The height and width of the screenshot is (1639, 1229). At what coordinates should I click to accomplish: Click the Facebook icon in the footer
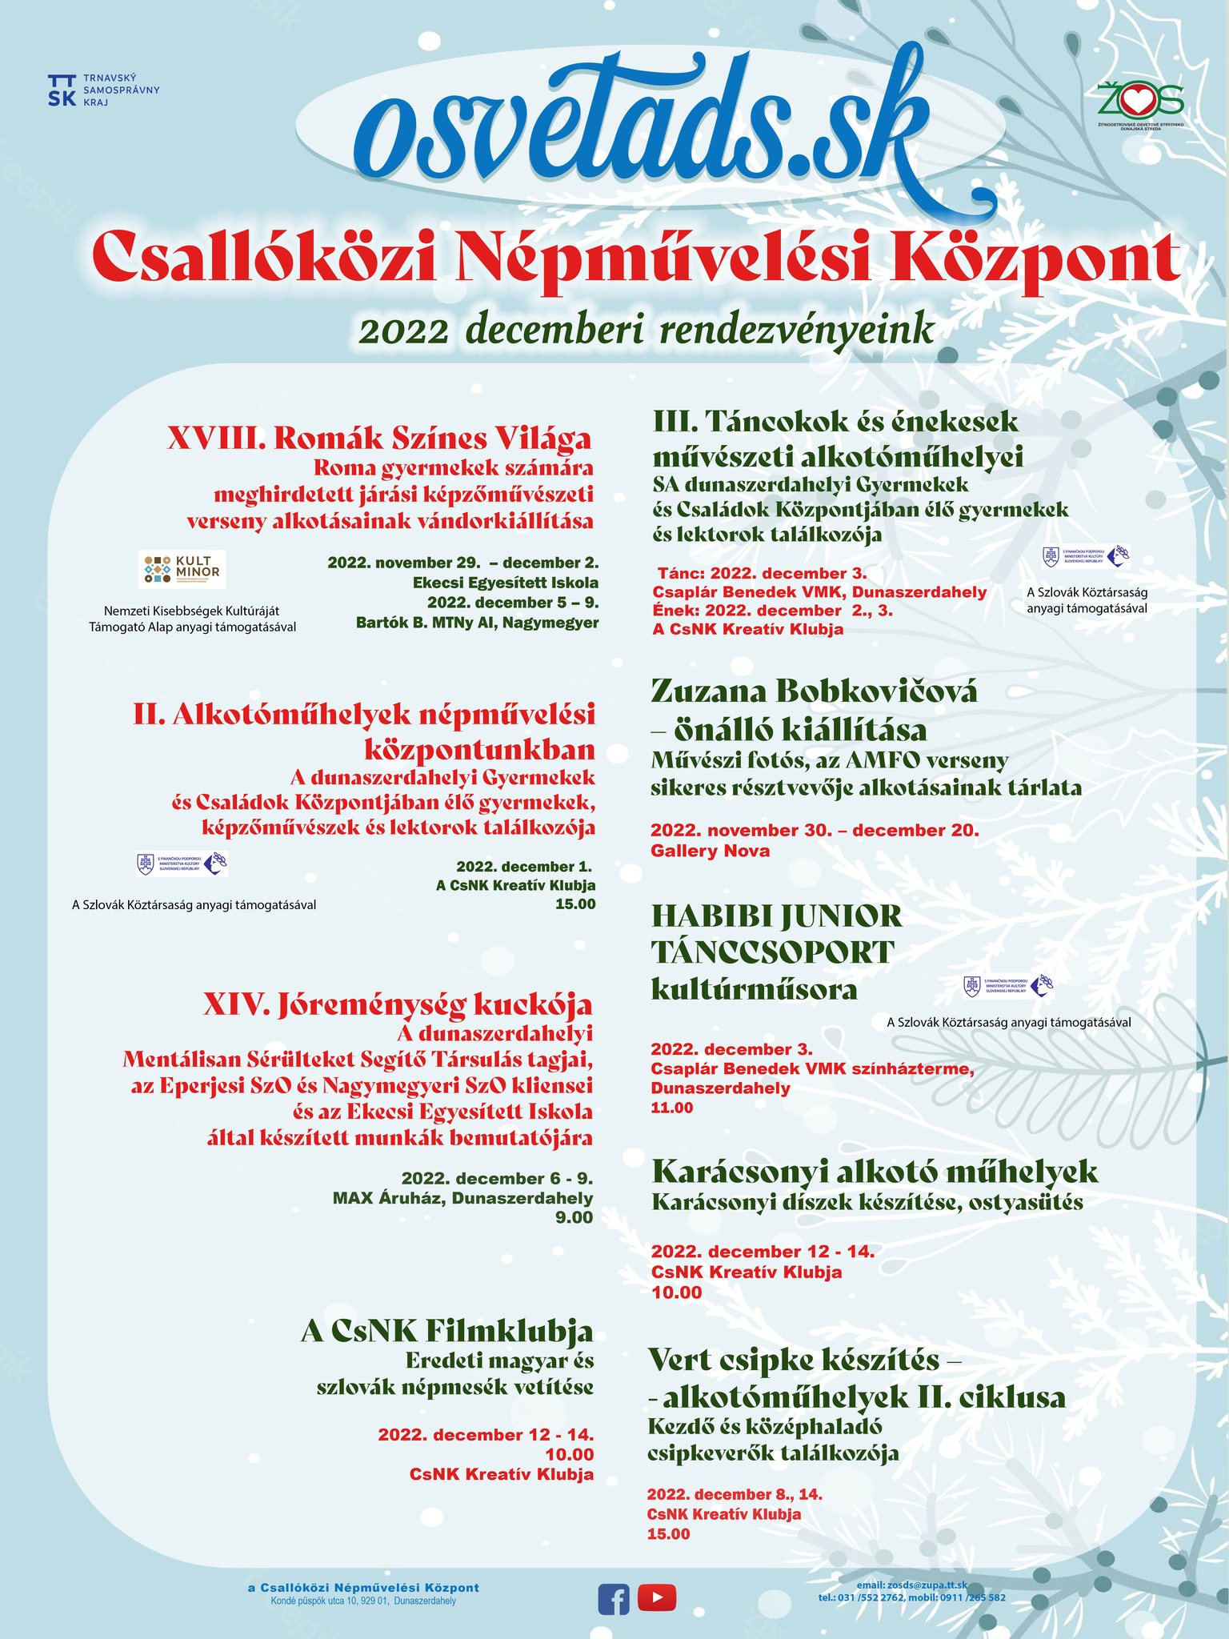(x=614, y=1599)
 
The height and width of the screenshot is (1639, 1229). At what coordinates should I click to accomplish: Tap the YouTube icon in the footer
(x=657, y=1598)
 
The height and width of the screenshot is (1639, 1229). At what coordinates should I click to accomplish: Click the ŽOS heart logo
(x=1140, y=102)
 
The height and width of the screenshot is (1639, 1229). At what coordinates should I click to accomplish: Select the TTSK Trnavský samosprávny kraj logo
(x=103, y=90)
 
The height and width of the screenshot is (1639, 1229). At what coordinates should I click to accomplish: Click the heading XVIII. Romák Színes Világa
(x=379, y=439)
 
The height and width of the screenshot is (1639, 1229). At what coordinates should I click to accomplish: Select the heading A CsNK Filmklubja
(x=446, y=1330)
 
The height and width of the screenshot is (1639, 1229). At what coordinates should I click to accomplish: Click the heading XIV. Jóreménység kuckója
(x=397, y=1004)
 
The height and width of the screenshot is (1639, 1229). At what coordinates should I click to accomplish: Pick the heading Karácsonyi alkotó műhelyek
(x=875, y=1172)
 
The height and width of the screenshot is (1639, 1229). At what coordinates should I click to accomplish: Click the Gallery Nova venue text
(x=710, y=851)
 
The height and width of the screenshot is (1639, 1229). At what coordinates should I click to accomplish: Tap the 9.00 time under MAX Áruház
(x=574, y=1218)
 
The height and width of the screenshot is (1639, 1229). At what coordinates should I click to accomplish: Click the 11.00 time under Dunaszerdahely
(x=672, y=1108)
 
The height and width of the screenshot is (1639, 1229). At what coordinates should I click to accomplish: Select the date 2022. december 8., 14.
(x=735, y=1494)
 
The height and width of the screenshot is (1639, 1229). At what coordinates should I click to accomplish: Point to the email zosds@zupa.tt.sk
(x=912, y=1585)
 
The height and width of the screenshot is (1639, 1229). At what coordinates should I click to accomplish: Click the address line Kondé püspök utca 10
(x=363, y=1601)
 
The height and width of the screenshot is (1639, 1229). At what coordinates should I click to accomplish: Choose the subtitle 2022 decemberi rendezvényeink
(x=647, y=331)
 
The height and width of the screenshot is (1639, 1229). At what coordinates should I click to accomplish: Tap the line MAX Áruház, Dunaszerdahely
(x=462, y=1198)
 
